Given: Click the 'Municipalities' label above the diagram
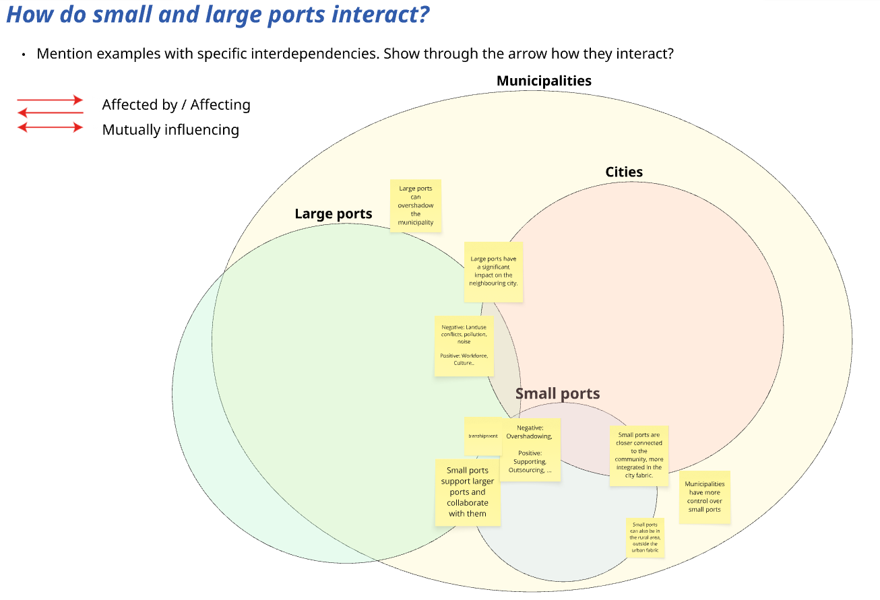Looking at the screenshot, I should [544, 81].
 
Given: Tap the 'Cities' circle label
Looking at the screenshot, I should [624, 172].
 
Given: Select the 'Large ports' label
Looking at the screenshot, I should [334, 214].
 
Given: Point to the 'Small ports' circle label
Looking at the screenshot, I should [557, 394].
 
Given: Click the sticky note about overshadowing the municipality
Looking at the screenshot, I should [416, 205].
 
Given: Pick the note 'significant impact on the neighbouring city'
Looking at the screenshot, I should [493, 271].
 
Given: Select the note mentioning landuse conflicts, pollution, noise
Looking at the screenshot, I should [464, 345].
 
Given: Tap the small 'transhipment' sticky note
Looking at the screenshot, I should [483, 436].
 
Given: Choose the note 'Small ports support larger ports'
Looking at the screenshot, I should [468, 492].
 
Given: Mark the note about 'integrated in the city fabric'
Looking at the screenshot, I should [639, 455].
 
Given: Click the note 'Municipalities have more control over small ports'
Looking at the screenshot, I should [704, 497].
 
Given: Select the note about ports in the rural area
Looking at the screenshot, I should [646, 537].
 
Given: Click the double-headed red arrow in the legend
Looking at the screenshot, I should [51, 127].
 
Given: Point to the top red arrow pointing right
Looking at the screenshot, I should [51, 100].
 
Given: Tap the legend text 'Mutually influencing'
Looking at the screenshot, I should [170, 129].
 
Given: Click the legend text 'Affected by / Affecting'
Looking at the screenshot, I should [176, 104].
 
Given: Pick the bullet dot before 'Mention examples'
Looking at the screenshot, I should [24, 54].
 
